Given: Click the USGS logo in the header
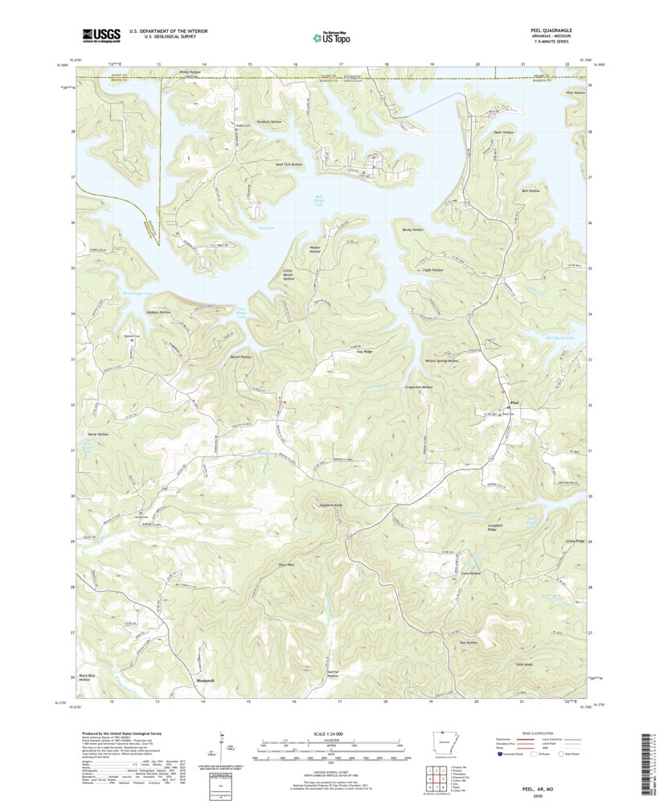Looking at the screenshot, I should pyautogui.click(x=100, y=35).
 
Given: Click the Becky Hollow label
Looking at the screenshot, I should pyautogui.click(x=412, y=230).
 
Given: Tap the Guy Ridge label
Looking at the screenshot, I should pyautogui.click(x=364, y=352).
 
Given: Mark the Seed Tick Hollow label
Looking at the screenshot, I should pyautogui.click(x=288, y=164).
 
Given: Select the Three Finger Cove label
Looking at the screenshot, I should pyautogui.click(x=137, y=294).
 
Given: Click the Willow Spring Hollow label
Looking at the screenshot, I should pyautogui.click(x=441, y=362).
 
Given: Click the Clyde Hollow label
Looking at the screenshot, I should pyautogui.click(x=432, y=270).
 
